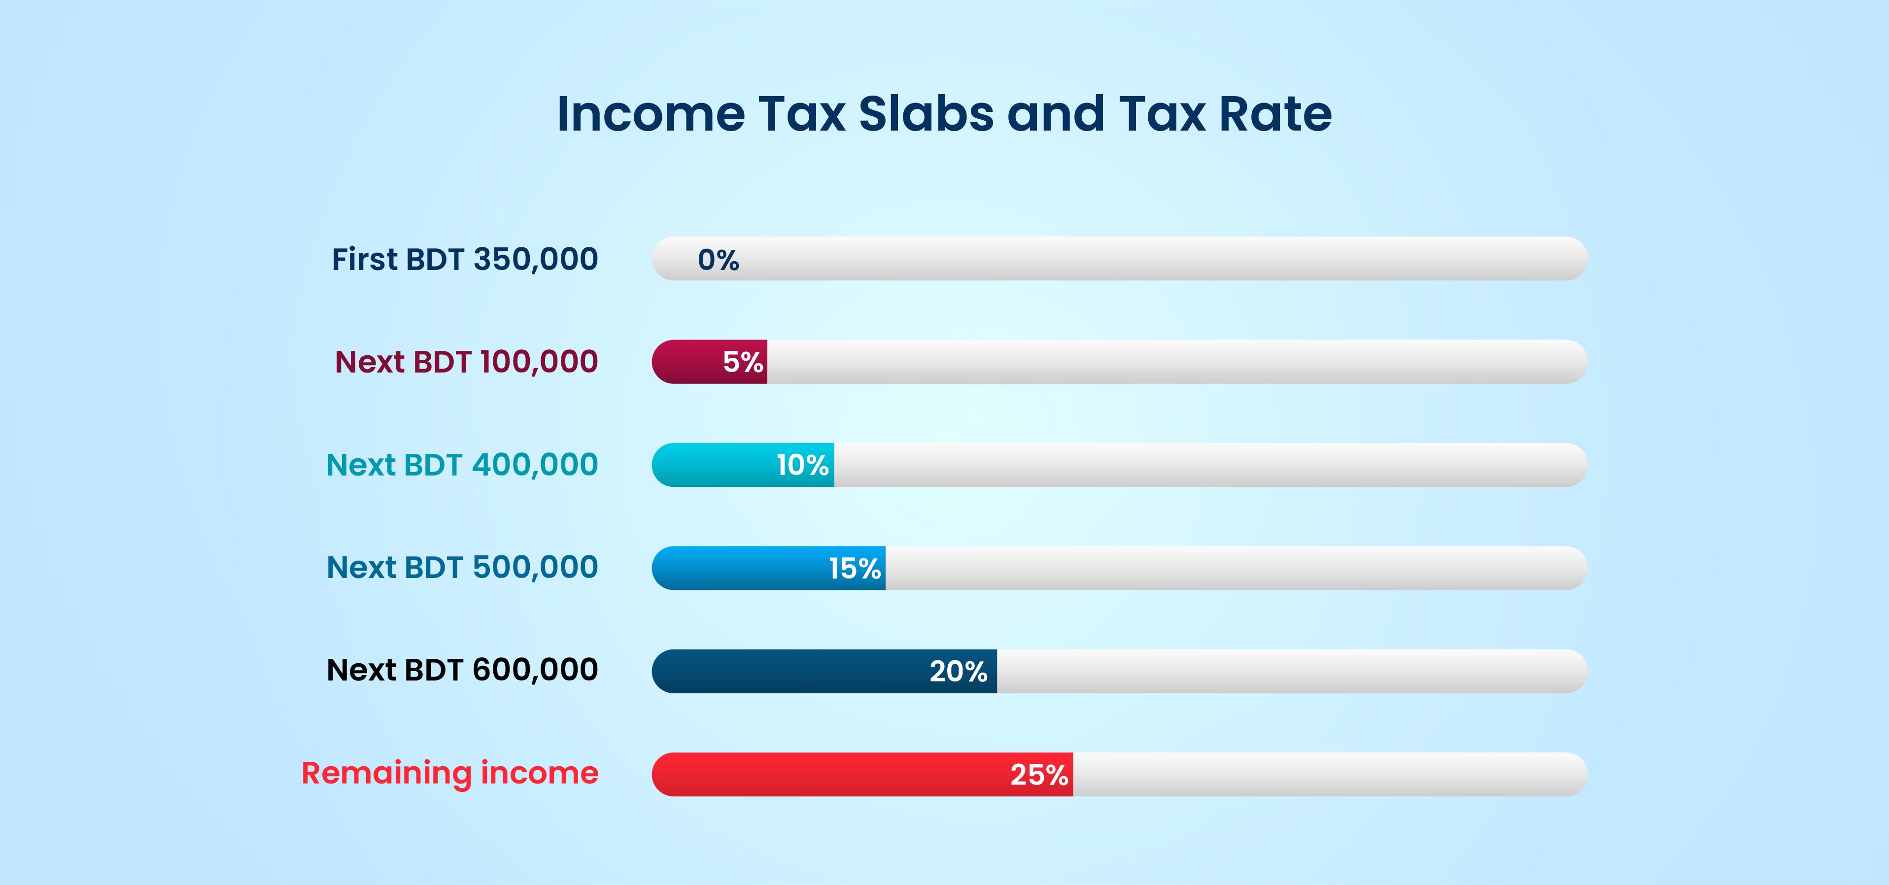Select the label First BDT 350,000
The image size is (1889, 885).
pos(465,259)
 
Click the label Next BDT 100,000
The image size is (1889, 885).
pos(466,362)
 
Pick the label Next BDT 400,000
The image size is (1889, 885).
pos(462,465)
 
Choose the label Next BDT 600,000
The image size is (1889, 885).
pos(462,670)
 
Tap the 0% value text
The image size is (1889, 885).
pos(718,260)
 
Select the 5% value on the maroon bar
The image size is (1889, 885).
pos(743,362)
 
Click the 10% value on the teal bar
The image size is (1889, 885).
pos(802,465)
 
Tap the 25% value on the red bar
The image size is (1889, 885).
pos(1039,774)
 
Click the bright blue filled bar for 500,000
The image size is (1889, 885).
pos(733,568)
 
